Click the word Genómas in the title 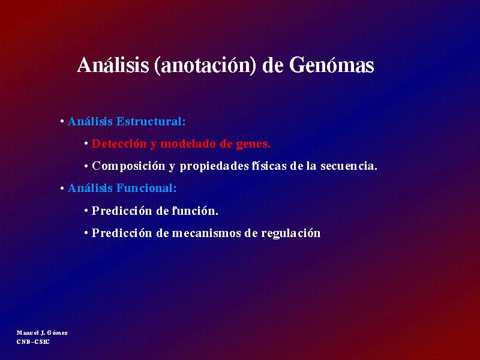[x=332, y=65]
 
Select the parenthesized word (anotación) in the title [x=205, y=66]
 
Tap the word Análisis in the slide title [x=113, y=65]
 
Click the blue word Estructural [x=151, y=122]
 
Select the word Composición [x=128, y=167]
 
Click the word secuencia [x=349, y=166]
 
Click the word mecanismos [x=206, y=233]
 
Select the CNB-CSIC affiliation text [x=33, y=341]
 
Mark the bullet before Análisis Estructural [x=62, y=122]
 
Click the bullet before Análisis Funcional [x=62, y=188]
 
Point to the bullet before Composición [x=86, y=166]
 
